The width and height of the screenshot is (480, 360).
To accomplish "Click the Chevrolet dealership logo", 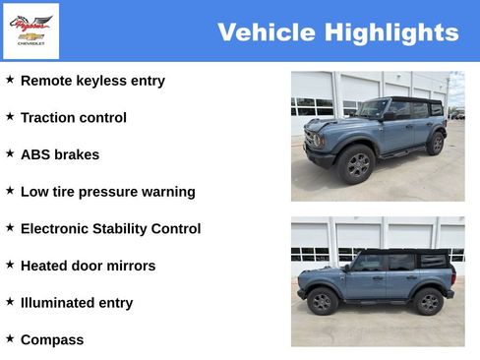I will (x=30, y=30).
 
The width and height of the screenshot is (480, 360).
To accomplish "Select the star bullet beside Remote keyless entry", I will (x=10, y=79).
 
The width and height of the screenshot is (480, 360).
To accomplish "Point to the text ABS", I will (x=35, y=154).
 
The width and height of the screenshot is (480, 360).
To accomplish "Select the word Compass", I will (x=52, y=340).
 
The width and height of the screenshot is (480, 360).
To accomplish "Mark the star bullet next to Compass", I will (x=10, y=338).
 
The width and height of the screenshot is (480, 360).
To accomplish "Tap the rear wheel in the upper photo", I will (x=435, y=144).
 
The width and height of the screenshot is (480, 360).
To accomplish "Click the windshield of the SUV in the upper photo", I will (x=373, y=108).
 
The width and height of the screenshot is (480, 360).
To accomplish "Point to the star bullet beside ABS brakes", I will (x=10, y=152).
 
